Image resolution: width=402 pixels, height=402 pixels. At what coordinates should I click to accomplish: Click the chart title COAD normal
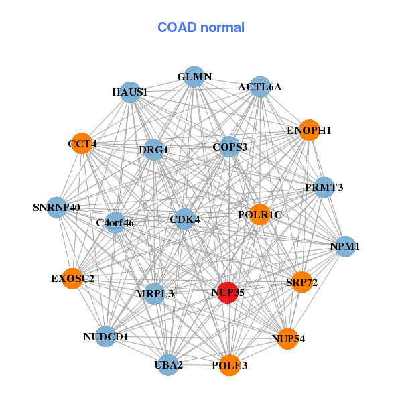point(201,28)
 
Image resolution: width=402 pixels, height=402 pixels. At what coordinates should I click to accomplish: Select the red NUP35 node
point(228,293)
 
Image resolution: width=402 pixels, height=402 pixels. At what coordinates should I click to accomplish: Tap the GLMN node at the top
point(194,77)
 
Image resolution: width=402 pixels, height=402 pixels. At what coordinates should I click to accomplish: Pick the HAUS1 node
point(130,92)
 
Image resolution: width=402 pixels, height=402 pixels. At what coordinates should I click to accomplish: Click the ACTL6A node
point(259,87)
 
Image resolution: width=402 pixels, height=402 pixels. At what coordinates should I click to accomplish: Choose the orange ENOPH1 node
point(309,130)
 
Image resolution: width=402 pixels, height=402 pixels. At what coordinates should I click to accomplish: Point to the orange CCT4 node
point(82,143)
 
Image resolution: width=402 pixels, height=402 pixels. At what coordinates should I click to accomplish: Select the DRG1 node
point(153,150)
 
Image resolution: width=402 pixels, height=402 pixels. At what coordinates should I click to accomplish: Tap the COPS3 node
point(230,147)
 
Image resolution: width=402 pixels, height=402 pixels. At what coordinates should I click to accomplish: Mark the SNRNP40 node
point(57,207)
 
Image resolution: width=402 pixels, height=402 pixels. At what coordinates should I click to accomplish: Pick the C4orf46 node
point(115,222)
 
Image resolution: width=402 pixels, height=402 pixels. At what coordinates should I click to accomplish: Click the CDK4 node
point(184,219)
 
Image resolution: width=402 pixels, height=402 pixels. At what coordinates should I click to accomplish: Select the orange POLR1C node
point(259,215)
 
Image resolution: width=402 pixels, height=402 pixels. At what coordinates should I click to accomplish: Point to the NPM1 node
point(344,247)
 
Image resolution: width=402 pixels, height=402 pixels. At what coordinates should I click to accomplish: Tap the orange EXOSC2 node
point(72,278)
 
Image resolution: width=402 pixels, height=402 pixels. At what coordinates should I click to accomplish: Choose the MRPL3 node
point(155,293)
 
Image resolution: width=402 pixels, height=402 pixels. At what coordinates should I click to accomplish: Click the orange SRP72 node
point(301,282)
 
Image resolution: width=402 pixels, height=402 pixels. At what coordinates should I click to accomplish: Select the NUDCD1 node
point(106,336)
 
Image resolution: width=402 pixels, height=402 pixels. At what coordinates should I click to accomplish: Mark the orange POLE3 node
point(229,365)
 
